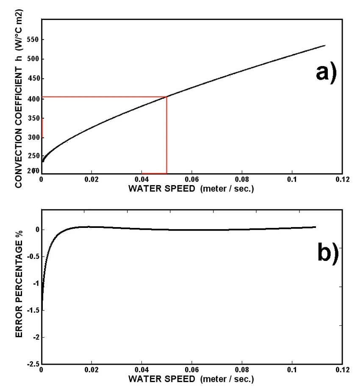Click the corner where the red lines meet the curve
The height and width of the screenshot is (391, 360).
click(x=167, y=97)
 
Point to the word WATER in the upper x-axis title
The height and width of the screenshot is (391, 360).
click(x=145, y=189)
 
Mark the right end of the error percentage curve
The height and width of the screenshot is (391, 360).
click(x=316, y=227)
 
